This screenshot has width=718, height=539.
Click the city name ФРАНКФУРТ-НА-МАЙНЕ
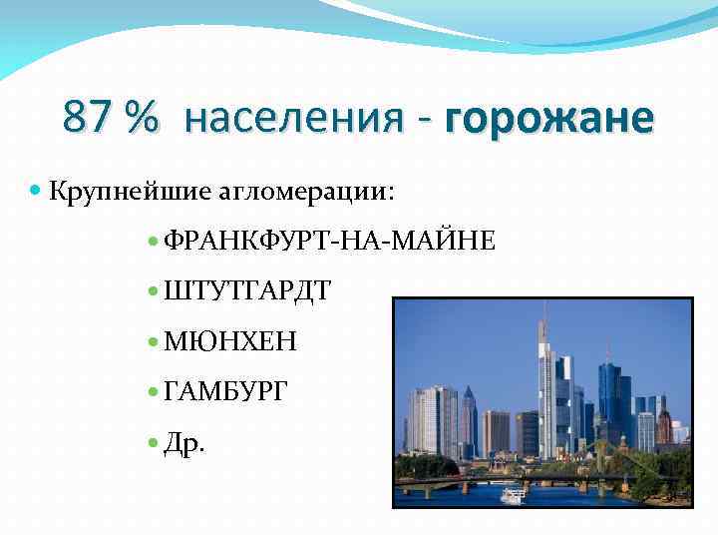(x=328, y=241)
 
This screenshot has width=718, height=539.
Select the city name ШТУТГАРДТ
(x=247, y=291)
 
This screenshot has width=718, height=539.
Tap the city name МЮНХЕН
(x=230, y=341)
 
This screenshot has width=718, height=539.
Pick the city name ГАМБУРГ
(x=224, y=391)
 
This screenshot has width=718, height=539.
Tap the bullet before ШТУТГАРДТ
(x=152, y=291)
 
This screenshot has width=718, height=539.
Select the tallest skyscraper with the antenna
(x=545, y=389)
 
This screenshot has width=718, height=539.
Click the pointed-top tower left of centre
(x=468, y=419)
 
